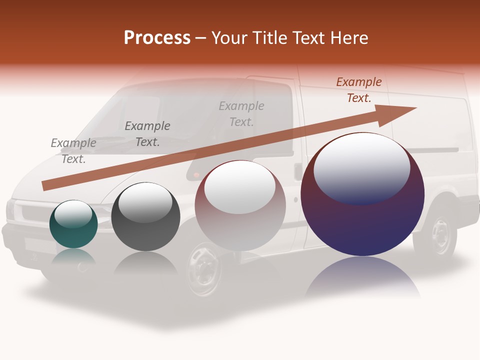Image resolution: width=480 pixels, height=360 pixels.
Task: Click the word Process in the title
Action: (157, 38)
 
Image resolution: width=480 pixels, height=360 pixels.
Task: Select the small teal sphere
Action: (73, 224)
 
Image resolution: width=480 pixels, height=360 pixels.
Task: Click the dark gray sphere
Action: (145, 217)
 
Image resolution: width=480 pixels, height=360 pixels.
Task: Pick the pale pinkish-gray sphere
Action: (240, 206)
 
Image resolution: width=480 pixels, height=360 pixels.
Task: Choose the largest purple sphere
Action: (362, 194)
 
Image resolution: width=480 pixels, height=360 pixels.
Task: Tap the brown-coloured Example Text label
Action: (359, 90)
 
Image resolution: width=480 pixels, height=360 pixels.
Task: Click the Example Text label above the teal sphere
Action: (73, 151)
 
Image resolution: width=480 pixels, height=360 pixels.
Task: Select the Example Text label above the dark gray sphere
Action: (147, 134)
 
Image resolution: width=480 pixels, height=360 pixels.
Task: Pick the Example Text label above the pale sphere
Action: (241, 113)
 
